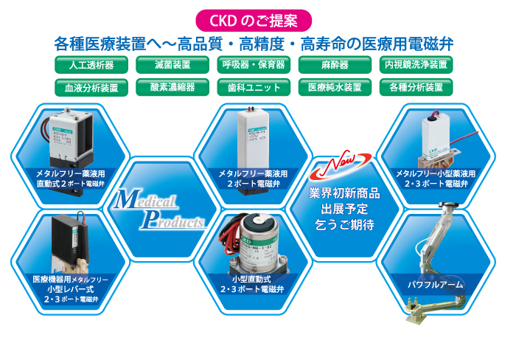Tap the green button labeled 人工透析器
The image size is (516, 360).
click(90, 65)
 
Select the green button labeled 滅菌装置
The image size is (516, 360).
click(172, 65)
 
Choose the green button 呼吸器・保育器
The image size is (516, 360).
click(254, 65)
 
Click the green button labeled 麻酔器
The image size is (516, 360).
click(335, 65)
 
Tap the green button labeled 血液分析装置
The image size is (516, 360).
click(90, 87)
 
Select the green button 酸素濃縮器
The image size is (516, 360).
click(172, 87)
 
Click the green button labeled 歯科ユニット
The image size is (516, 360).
click(254, 87)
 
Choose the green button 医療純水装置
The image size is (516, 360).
click(335, 87)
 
